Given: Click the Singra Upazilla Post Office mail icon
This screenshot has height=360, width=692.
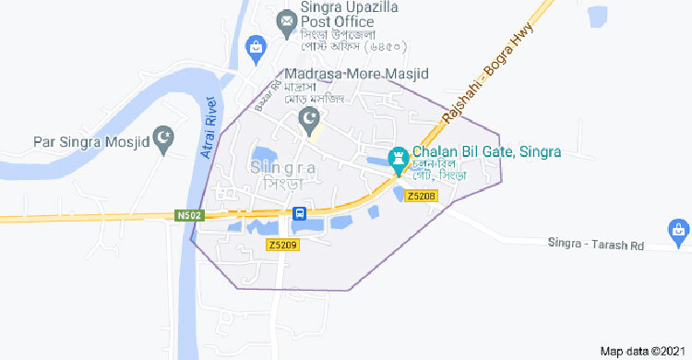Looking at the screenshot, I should (x=287, y=19).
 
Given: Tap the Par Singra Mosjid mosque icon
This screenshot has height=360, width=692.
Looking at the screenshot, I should (x=164, y=138).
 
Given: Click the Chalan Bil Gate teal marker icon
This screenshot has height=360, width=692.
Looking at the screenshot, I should (x=400, y=159).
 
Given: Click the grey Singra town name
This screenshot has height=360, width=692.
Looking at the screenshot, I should (x=283, y=169).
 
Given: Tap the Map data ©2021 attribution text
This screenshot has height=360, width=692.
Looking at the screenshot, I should (x=642, y=351).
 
